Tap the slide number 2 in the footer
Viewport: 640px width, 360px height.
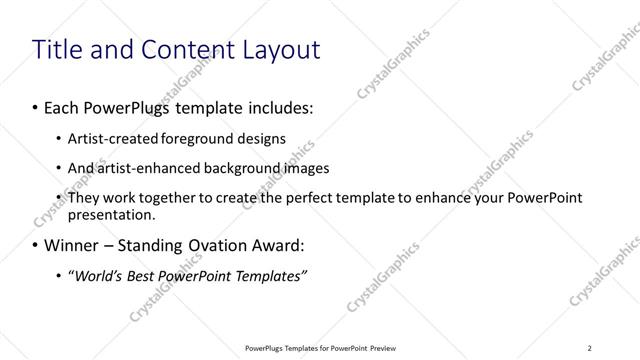tap(589, 348)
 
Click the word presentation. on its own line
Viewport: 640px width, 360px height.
tap(112, 214)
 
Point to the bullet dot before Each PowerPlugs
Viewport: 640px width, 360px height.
tap(36, 105)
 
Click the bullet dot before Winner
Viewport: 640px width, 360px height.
tap(36, 244)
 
